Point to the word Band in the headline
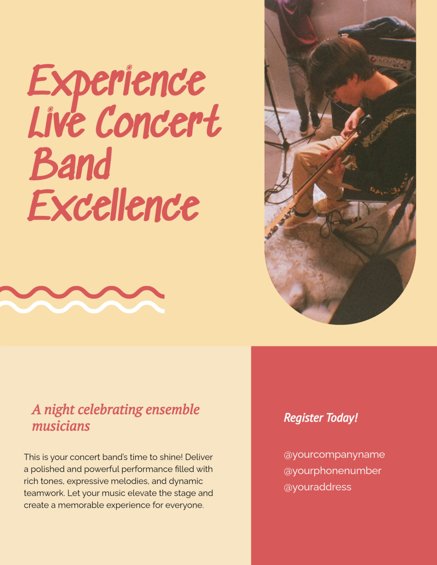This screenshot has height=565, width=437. pos(71,165)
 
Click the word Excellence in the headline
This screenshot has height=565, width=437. pos(114,206)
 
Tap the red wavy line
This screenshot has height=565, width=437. pos(82,292)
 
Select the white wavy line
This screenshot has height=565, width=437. pos(82,307)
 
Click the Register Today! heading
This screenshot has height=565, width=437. pos(321,418)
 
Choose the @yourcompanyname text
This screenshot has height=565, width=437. pos(334,455)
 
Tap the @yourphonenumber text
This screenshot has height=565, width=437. pos(332,471)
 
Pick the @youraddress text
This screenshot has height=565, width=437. pos(317,487)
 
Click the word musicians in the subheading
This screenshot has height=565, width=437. pos(61,426)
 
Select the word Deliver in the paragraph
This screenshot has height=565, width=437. pos(199,457)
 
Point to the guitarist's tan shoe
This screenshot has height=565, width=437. pos(330,206)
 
